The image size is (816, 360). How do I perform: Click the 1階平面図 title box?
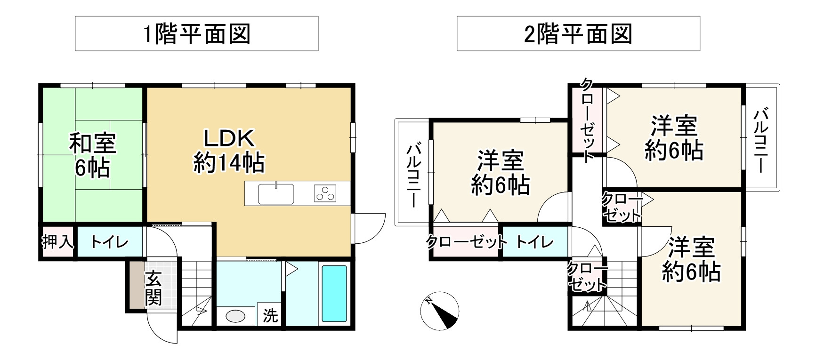tap(196, 33)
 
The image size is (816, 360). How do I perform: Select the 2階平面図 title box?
tap(578, 33)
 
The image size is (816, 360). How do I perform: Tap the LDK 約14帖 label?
tap(229, 151)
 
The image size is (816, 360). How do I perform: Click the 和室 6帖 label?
tap(92, 155)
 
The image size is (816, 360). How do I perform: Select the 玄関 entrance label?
tap(154, 288)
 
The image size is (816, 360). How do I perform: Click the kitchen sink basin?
tap(276, 193)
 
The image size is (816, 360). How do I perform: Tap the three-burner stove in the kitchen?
tap(325, 193)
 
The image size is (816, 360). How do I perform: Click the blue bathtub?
tap(334, 294)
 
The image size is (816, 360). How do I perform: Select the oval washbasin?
tap(235, 316)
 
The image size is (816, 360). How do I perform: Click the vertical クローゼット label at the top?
tap(587, 120)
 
